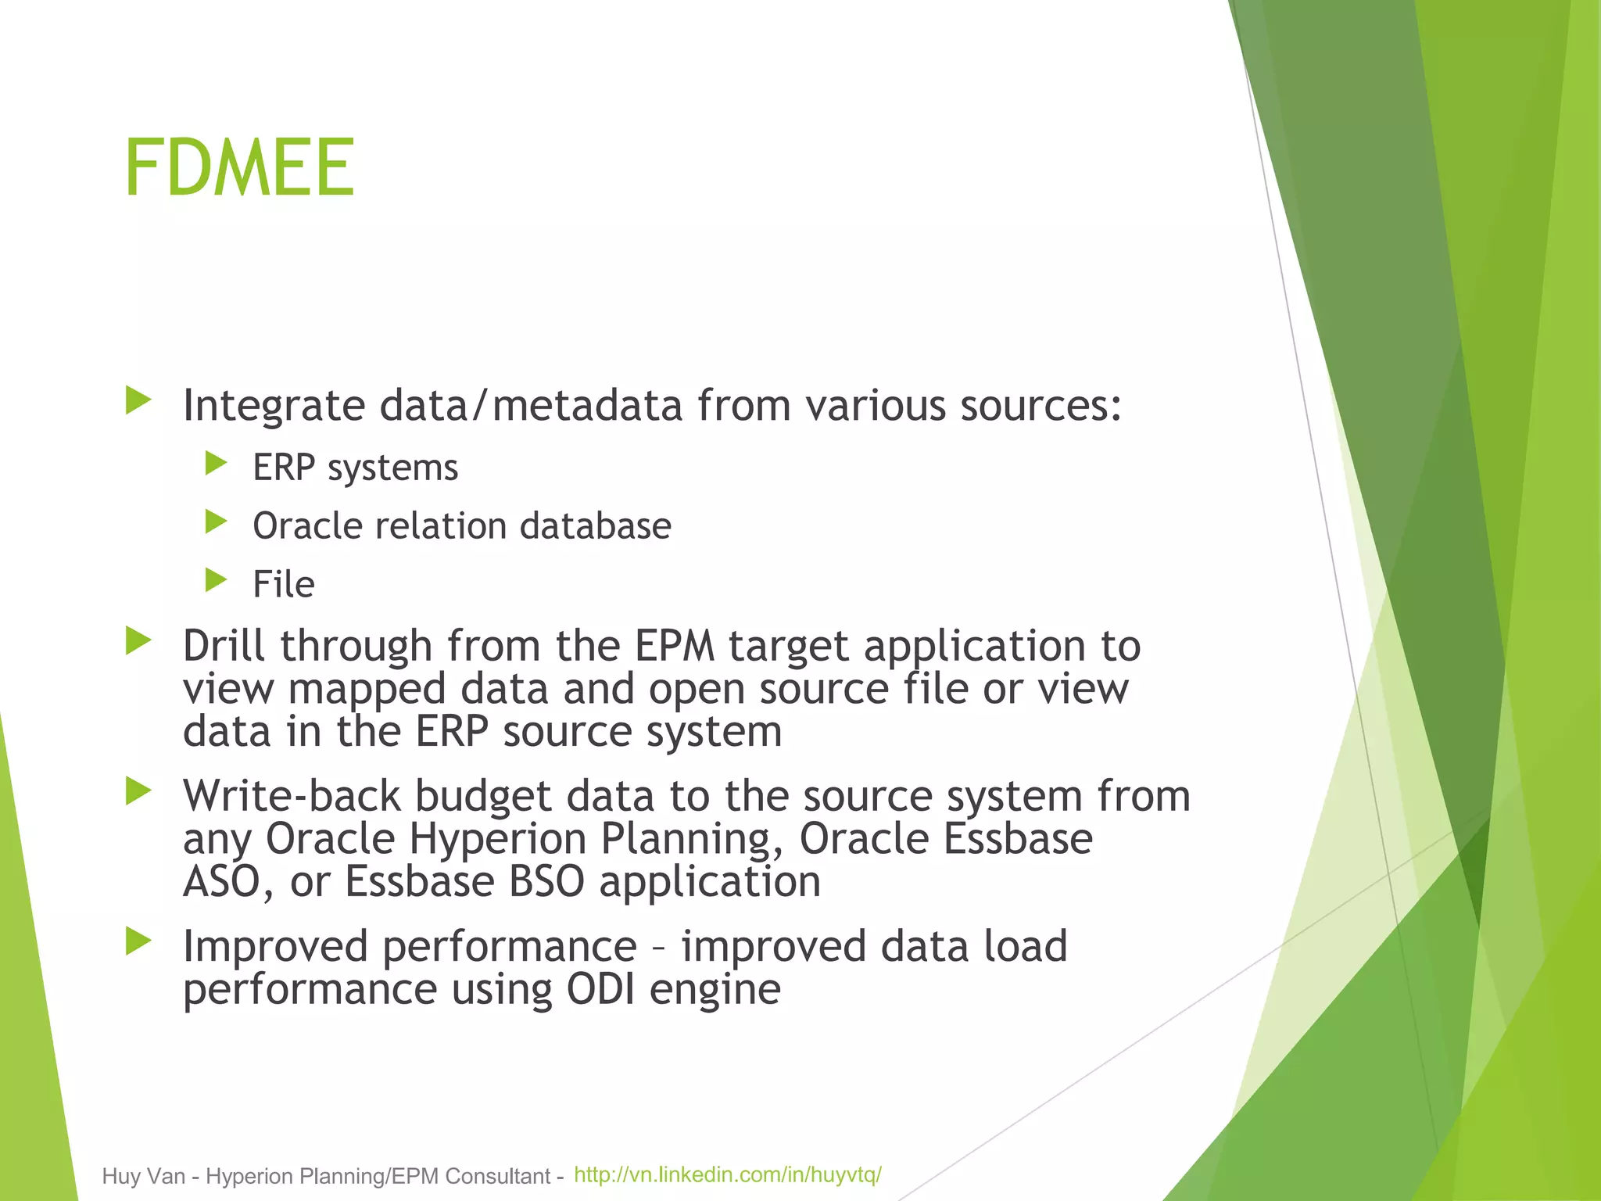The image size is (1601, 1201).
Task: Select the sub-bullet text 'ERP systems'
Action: [355, 468]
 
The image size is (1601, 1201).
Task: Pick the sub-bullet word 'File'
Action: [283, 584]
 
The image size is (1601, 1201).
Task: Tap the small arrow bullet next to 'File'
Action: [216, 580]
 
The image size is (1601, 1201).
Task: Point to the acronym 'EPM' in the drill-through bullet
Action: [674, 646]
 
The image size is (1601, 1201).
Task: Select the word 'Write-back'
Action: [292, 796]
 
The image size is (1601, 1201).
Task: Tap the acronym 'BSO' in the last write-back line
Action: [546, 882]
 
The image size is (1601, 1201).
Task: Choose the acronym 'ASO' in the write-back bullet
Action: [220, 882]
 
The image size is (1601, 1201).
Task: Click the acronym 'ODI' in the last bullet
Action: [600, 990]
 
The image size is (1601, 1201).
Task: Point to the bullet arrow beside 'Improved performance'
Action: [138, 941]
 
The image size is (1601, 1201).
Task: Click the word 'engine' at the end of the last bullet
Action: [715, 990]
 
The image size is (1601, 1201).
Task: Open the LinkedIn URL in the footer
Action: [727, 1174]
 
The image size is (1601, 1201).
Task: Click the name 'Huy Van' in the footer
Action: [143, 1176]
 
